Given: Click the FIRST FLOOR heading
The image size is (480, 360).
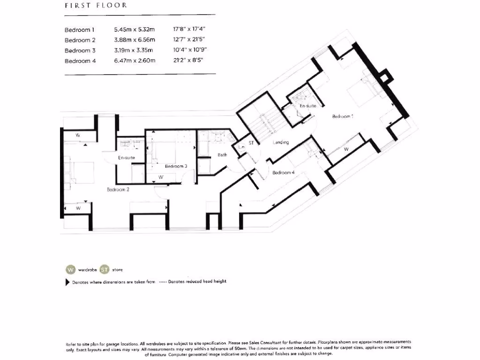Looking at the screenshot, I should point(96,6).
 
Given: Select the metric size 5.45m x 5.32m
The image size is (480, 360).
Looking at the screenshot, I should point(134,30).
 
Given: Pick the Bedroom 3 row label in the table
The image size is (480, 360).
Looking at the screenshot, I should point(80,51).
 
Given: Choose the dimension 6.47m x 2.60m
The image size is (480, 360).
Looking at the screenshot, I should point(134,61).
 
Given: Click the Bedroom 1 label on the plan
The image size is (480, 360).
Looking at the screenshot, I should point(342,117).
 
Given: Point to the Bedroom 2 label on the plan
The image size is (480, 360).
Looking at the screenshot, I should point(118,190).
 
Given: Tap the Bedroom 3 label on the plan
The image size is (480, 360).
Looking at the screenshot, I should point(176,166).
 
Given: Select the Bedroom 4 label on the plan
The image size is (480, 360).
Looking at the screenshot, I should point(284,172).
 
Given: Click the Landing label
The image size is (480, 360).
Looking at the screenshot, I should point(281,142).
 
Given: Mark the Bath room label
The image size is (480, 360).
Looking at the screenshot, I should point(222,155).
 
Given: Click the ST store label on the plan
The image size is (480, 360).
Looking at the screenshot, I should point(251,143).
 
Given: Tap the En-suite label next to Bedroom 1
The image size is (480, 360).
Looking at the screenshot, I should point(308,106).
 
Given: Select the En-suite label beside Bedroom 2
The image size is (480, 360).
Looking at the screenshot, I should point(126,158).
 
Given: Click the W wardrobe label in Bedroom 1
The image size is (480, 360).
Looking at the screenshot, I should point(346,150).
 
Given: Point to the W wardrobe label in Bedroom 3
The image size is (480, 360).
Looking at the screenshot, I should point(160,178).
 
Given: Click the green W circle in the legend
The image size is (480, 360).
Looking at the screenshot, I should point(70,270).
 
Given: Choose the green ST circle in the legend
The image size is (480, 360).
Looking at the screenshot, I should point(104,270).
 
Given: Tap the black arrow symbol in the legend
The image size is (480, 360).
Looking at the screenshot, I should point(67,283).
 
